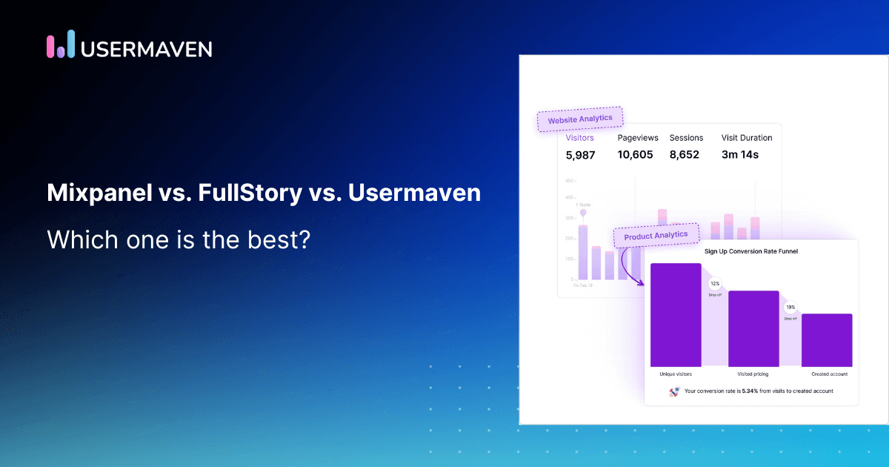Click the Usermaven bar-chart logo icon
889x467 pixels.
(x=60, y=45)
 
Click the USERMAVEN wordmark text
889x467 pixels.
(x=147, y=48)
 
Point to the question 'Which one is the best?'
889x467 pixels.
(x=178, y=239)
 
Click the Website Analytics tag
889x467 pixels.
(x=580, y=119)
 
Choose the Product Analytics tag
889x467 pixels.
(x=656, y=236)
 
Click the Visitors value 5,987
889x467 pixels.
(x=580, y=155)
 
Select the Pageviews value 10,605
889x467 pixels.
(x=636, y=155)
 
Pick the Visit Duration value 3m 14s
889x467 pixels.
(x=740, y=155)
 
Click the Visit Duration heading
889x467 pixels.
(x=747, y=138)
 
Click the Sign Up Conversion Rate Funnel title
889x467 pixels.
(x=750, y=251)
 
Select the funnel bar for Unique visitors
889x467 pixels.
(x=676, y=315)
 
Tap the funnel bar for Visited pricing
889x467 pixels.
(x=753, y=328)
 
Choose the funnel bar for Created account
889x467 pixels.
(x=827, y=340)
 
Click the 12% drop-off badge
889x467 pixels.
(x=715, y=284)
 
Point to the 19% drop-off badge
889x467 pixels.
(x=790, y=307)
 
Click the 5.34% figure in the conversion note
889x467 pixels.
(x=753, y=391)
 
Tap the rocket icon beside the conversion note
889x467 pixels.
(x=674, y=391)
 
